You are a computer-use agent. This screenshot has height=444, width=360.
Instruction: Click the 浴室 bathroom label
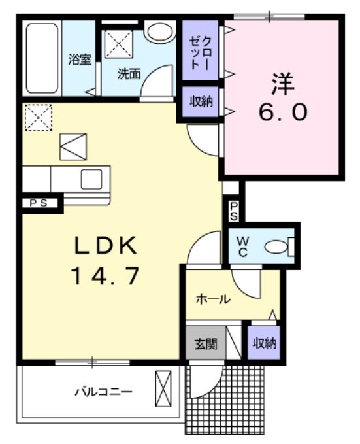pos(80,60)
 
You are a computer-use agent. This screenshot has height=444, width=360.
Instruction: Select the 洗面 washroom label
pos(129,73)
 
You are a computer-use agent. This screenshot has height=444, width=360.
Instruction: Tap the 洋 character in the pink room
pos(282,84)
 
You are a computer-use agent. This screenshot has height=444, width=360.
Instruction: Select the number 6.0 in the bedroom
pos(282,112)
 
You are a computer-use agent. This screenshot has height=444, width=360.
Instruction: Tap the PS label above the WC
pos(234,211)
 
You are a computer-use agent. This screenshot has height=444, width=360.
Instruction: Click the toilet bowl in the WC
pos(278,247)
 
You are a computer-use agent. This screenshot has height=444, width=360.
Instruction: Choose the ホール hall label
pos(213,299)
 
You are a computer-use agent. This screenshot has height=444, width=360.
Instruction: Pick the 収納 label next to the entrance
pos(264,342)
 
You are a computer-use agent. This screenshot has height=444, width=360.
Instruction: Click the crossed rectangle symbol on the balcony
pos(162,388)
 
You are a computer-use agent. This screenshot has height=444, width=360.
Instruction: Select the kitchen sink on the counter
pos(91,178)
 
